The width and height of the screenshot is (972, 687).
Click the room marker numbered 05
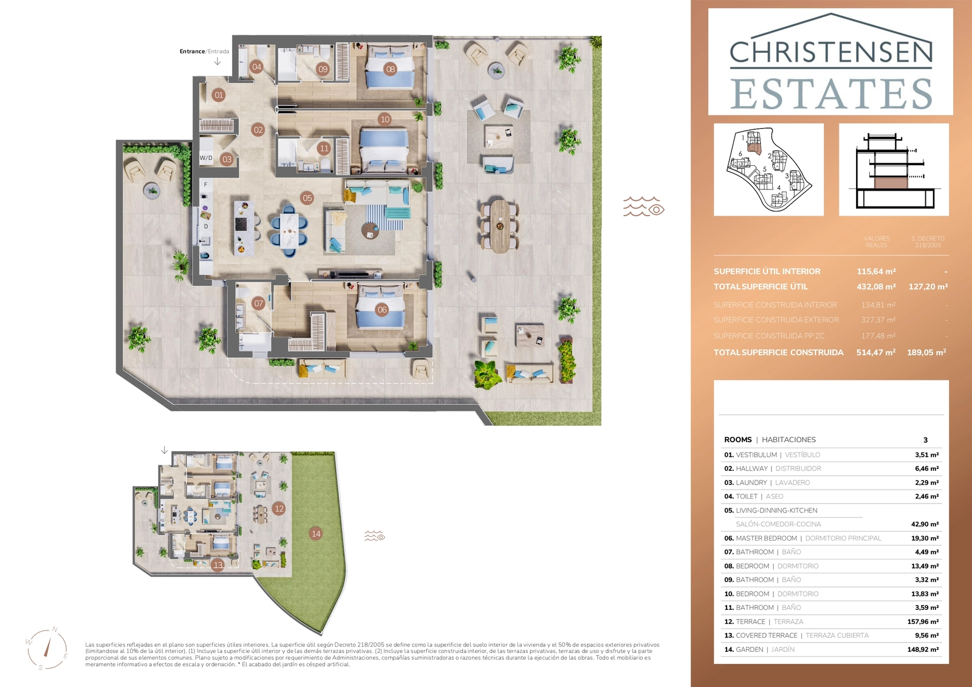pos(307,198)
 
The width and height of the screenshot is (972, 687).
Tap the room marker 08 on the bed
pos(391,69)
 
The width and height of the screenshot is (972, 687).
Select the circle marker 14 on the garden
pos(316,534)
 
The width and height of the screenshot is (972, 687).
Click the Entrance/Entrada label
pos(204,52)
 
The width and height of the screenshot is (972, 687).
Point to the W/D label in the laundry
pos(206,158)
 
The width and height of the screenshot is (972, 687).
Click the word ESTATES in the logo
pos(830,94)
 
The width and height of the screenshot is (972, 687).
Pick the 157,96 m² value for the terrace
pos(923,622)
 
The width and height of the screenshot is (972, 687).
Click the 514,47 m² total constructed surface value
pos(875,352)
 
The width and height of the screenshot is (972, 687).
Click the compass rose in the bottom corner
pos(47,649)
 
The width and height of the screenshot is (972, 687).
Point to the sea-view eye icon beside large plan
pos(643,207)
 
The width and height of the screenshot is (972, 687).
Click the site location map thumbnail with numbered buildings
pos(768,169)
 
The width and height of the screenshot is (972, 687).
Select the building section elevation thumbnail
pos(894,169)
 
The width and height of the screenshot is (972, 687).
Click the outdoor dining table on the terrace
pos(499,225)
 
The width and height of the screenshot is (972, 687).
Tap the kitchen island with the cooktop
pos(241,227)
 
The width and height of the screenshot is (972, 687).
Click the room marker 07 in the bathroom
pos(259,304)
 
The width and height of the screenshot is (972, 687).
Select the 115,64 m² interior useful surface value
pos(876,272)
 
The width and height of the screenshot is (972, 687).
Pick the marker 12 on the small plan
pos(279,509)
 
